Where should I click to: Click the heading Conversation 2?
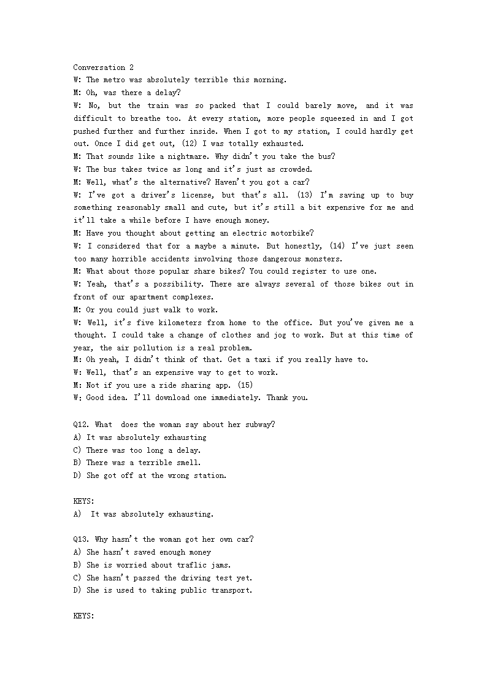(x=103, y=67)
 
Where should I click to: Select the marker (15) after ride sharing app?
(x=243, y=385)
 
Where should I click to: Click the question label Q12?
(x=82, y=425)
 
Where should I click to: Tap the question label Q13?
(x=82, y=539)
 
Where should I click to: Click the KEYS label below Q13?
(x=83, y=615)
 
